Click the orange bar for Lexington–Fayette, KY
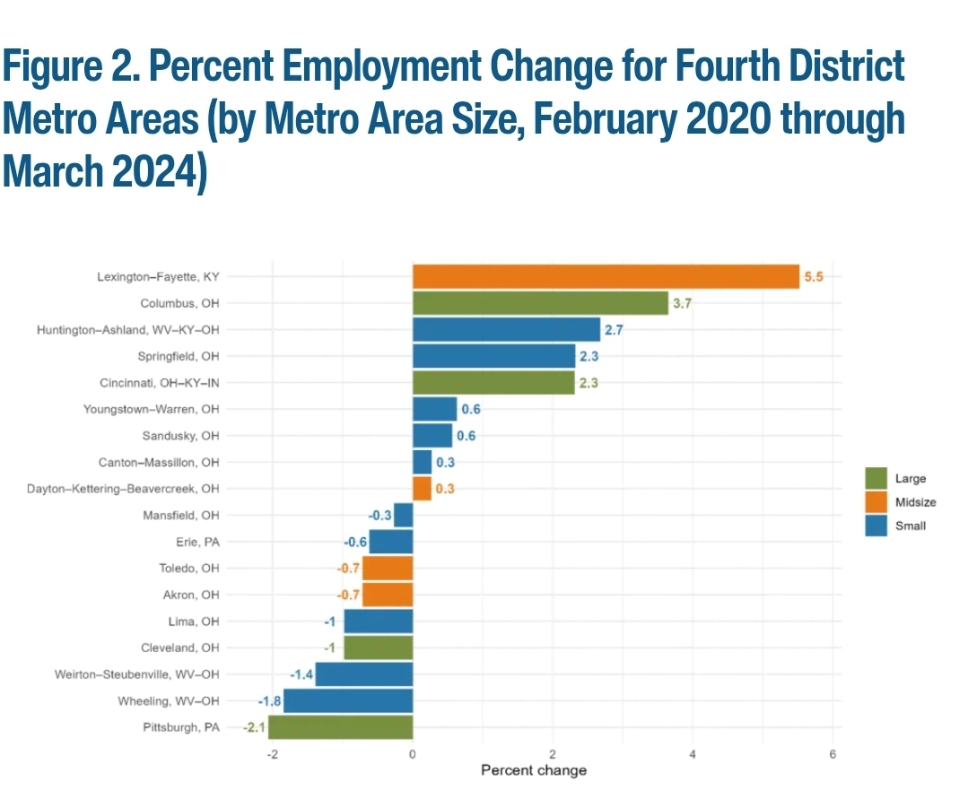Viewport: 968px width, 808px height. (x=606, y=276)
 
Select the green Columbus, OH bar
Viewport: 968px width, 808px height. (x=540, y=303)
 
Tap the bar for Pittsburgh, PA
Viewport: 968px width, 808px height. (x=340, y=727)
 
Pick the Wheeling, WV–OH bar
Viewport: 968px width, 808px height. (x=347, y=700)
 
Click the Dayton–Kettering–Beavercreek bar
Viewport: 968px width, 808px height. (x=422, y=489)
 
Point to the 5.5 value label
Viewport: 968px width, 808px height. (x=813, y=277)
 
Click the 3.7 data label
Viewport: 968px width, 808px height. (x=682, y=304)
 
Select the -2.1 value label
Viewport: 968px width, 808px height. (x=253, y=727)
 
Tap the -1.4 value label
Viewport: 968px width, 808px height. (x=301, y=674)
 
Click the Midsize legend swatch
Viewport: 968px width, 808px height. (x=876, y=502)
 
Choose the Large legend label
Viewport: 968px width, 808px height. (x=911, y=479)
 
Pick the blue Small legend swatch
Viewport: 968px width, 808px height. (x=876, y=526)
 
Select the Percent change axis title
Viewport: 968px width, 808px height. (x=534, y=770)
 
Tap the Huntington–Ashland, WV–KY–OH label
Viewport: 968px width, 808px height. (x=128, y=330)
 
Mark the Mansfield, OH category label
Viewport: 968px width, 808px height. (x=181, y=516)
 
